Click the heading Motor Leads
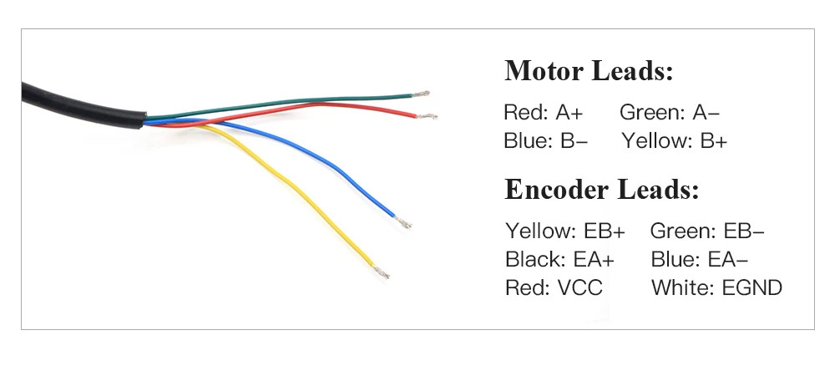[588, 71]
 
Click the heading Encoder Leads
[601, 190]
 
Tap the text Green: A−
[670, 113]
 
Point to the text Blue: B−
[545, 140]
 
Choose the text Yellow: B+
[675, 140]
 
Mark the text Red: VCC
[554, 288]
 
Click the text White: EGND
[716, 288]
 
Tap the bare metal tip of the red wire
[427, 116]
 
